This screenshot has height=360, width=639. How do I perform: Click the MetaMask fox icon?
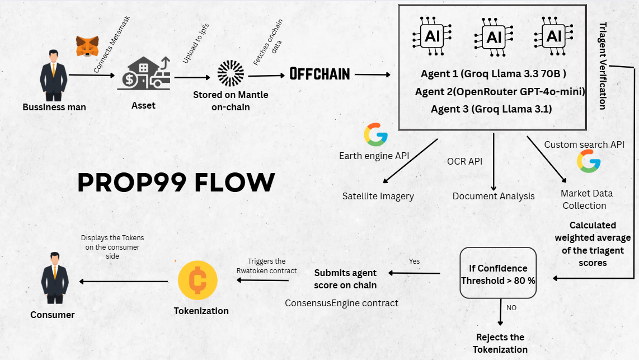[x=87, y=46]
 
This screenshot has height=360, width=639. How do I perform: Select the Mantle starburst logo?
[x=231, y=73]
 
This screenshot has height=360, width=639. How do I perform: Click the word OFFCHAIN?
[x=319, y=74]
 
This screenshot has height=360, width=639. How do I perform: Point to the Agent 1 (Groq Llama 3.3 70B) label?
[x=494, y=74]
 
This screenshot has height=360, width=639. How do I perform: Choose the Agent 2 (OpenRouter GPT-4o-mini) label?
[x=500, y=91]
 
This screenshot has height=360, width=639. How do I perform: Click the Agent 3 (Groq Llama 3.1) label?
[x=491, y=109]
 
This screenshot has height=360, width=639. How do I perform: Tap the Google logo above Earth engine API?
[x=375, y=134]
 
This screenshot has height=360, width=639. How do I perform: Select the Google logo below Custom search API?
[x=589, y=161]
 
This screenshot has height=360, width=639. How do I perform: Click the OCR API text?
[x=464, y=161]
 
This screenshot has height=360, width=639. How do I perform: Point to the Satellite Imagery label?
[x=378, y=196]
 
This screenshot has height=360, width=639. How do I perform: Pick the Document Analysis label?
[x=494, y=196]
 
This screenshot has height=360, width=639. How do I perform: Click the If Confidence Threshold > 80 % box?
[x=498, y=274]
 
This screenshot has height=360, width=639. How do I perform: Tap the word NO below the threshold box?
[x=511, y=307]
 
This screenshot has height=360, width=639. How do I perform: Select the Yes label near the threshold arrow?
[x=414, y=261]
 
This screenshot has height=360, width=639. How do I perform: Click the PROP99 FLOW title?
[x=176, y=183]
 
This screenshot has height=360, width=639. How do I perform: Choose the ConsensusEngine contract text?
[x=341, y=303]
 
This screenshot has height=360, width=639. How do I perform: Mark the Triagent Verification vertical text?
[x=603, y=66]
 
